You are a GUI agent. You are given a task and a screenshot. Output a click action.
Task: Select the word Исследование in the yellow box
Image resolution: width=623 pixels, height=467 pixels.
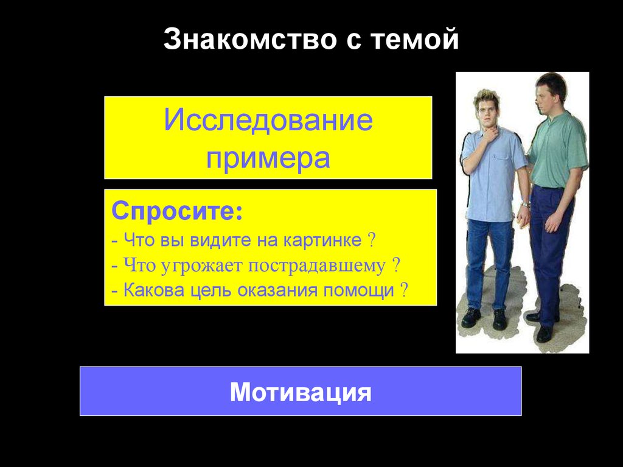coord(268,121)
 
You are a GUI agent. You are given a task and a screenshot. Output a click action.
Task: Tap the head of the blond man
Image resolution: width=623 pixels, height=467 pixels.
coord(486,107)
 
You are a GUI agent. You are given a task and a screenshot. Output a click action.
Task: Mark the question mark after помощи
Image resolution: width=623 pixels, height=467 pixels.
coord(403,290)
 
